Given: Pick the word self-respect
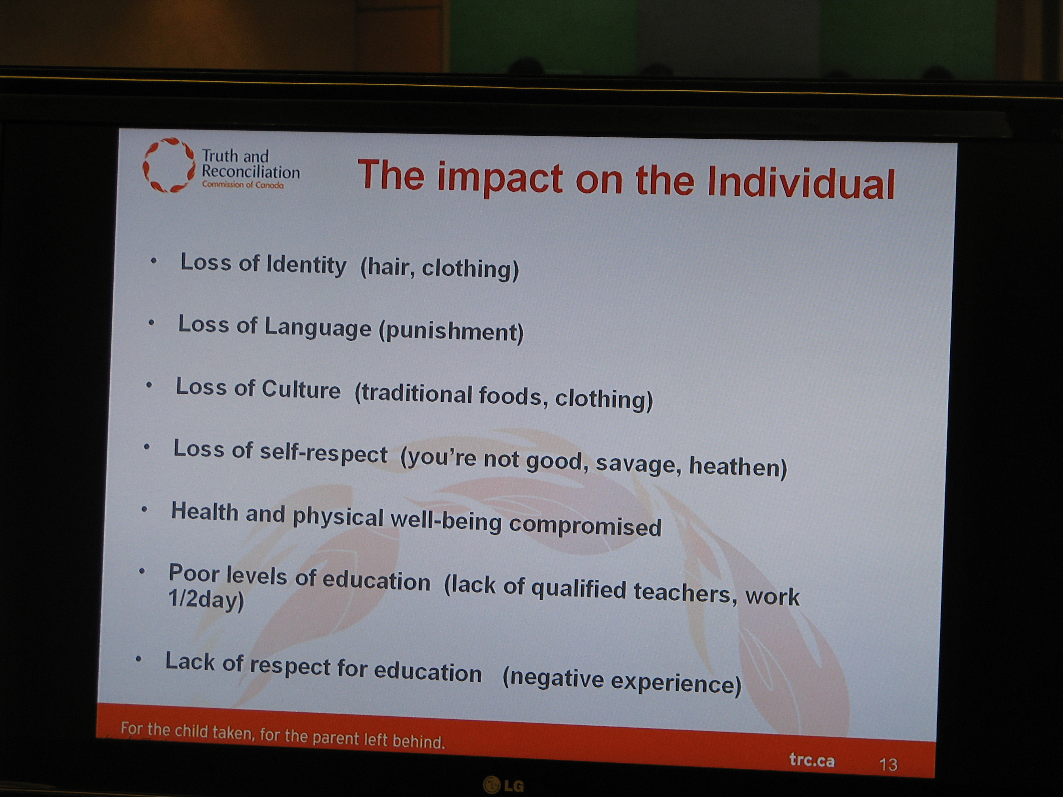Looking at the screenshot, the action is point(323,453).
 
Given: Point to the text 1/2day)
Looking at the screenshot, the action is point(206,600).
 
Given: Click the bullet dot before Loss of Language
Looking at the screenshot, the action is point(151,323).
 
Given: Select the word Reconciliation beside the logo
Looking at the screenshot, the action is point(250,172).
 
